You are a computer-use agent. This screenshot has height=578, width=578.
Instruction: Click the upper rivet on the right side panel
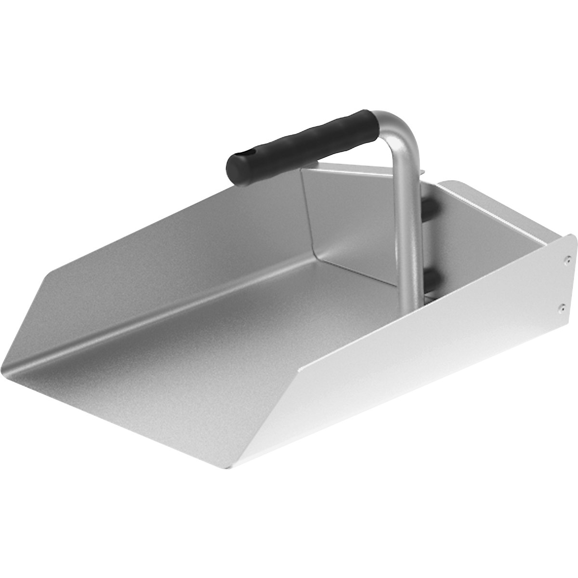(567, 260)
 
